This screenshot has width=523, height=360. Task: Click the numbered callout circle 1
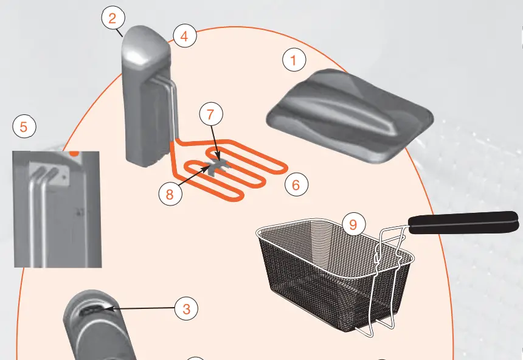pos(294,60)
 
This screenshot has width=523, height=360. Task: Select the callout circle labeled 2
pos(113,18)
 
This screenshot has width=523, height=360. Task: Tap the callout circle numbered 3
pos(187,309)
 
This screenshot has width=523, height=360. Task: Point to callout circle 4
pos(185,36)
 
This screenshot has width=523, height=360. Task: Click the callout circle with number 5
pos(24,127)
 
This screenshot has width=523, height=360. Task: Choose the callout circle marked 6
pos(296,184)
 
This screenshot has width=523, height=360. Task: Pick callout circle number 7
pos(210,114)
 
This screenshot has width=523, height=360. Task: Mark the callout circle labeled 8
pos(170,194)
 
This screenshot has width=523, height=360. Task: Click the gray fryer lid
pos(349,116)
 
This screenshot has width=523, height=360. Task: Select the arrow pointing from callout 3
pos(140,310)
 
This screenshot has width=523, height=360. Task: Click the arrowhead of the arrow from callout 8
pos(213,165)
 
